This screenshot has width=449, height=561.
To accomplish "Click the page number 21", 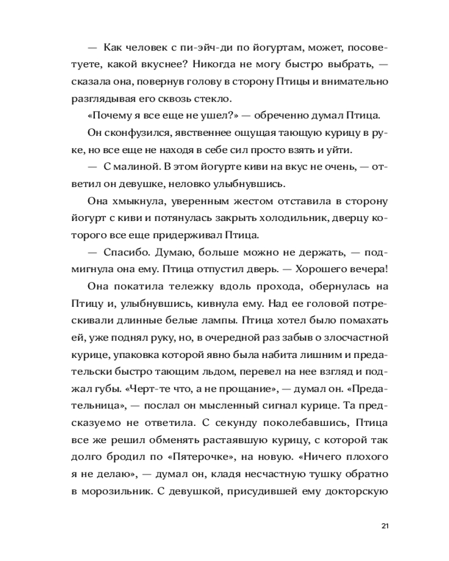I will (x=384, y=526).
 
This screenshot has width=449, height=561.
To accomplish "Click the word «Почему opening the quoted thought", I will (x=109, y=116).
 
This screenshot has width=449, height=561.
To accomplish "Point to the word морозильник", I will (x=130, y=489).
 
